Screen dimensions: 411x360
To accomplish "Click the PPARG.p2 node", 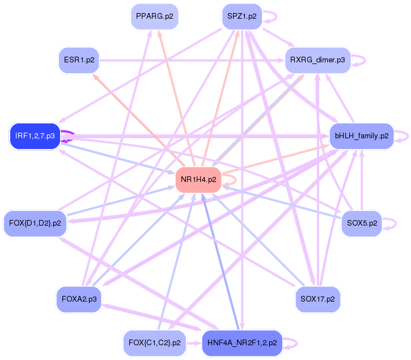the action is pos(154,16).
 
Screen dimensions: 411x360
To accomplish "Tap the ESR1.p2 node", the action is pos(79,60).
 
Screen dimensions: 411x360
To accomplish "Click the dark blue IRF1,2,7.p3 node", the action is pos(35,136).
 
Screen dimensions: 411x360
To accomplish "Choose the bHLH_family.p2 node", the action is pos(362,136).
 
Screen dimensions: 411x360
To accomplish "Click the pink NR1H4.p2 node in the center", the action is pos(198,180).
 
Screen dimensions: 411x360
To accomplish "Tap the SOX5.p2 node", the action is pos(362,223).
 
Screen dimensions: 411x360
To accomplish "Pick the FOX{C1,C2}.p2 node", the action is pos(154,343).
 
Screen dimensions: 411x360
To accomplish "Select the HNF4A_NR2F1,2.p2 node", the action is pos(242,343).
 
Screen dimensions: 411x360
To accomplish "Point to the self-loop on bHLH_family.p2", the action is pos(404,136).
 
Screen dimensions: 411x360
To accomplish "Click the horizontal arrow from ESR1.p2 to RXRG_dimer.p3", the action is pos(187,60).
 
